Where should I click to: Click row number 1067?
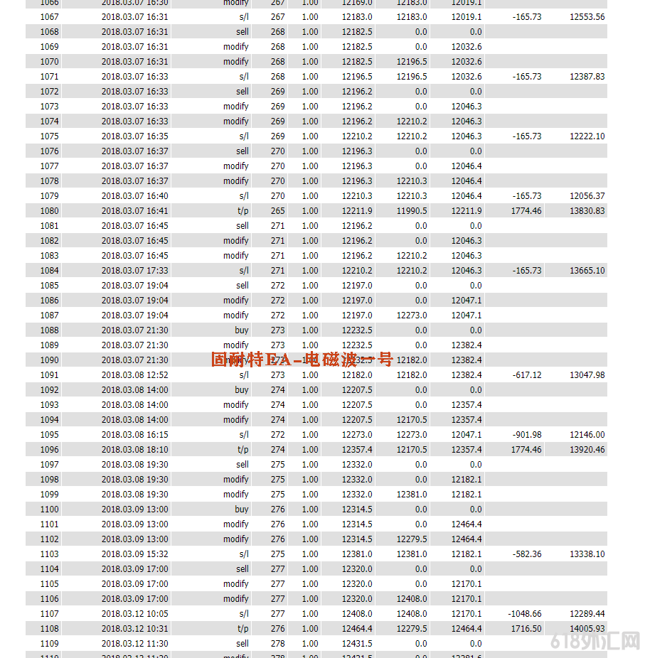click(50, 16)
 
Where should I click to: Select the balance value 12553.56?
click(587, 16)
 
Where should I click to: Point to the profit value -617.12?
click(526, 374)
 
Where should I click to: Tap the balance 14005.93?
click(587, 628)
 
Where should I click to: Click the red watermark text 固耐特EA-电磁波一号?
click(302, 360)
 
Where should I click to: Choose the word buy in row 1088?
click(242, 330)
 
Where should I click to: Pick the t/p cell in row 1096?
click(242, 449)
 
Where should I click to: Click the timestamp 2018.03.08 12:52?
click(134, 374)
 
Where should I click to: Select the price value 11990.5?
click(412, 210)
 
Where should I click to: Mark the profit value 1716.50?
click(526, 628)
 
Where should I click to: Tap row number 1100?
click(50, 509)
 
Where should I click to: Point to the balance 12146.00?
click(587, 434)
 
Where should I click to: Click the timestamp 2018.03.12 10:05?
click(134, 613)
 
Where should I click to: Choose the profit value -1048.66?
click(524, 613)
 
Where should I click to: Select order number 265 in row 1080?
click(277, 210)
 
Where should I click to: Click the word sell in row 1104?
click(242, 568)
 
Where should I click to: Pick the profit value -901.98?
click(526, 434)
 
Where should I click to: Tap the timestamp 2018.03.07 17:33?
click(134, 270)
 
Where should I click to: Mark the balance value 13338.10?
click(587, 554)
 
